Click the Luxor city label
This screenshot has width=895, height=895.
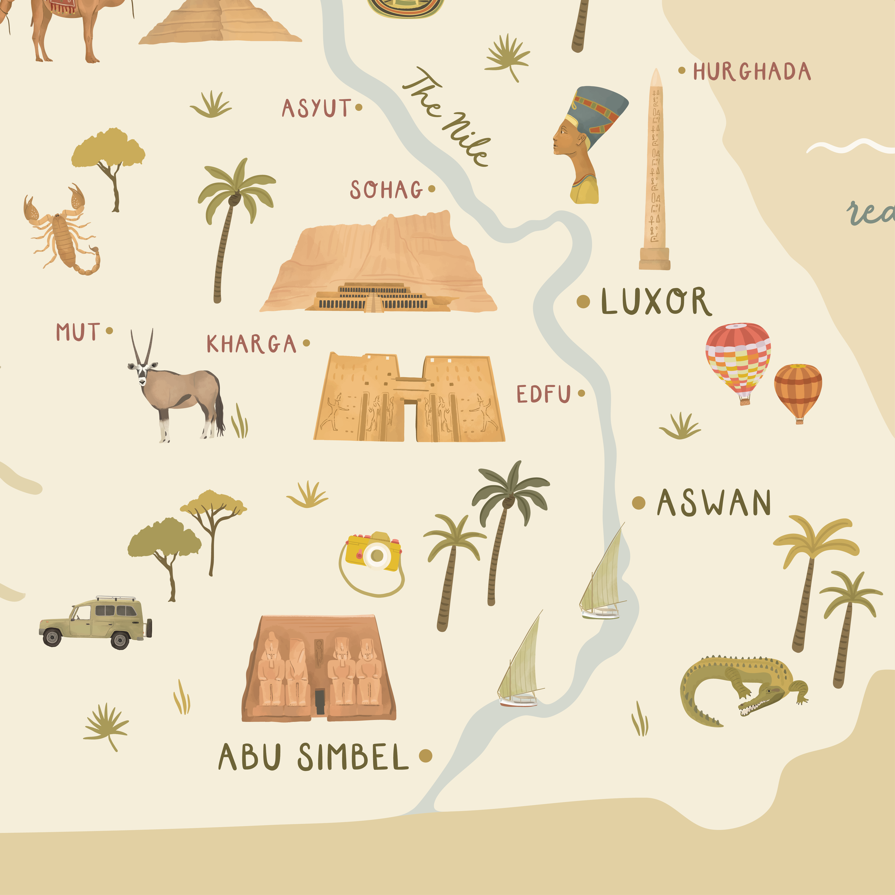[x=655, y=301]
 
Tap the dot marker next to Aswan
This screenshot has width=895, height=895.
[x=639, y=503]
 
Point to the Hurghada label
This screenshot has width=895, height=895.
[x=751, y=72]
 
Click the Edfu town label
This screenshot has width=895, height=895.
[x=543, y=394]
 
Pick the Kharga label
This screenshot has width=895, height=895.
[x=251, y=344]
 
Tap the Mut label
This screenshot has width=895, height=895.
[x=77, y=332]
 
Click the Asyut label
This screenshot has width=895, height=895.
[x=316, y=108]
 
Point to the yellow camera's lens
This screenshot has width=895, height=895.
[x=376, y=555]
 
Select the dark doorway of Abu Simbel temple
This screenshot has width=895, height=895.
[x=320, y=701]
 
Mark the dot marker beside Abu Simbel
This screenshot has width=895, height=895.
[x=425, y=756]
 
